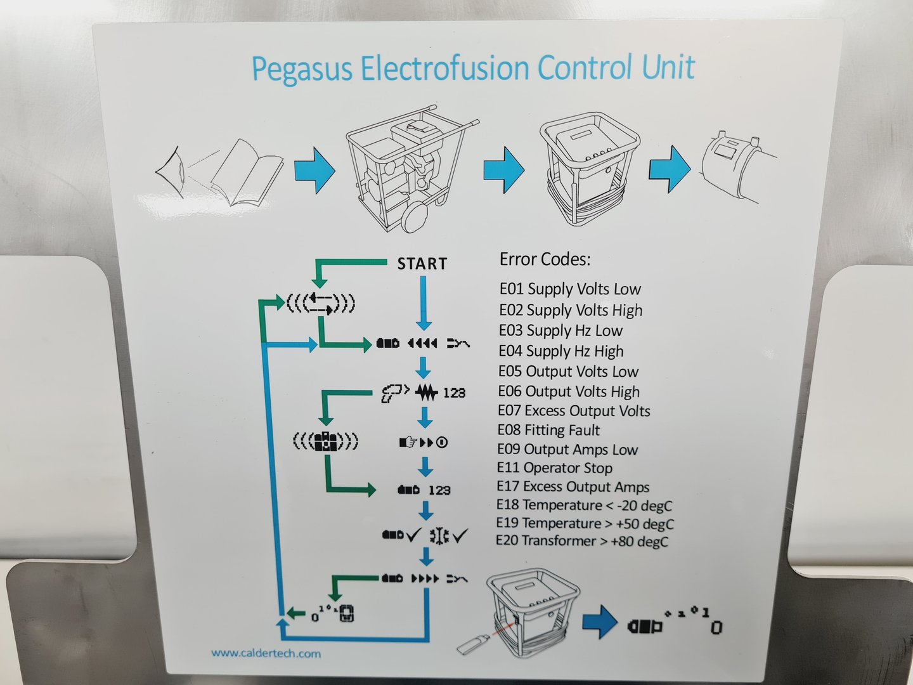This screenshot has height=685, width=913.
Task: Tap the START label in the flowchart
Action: click(x=422, y=263)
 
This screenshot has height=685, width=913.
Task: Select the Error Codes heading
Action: click(x=545, y=259)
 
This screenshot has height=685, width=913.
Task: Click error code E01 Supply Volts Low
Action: click(x=570, y=289)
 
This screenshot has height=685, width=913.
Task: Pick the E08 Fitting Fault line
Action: click(x=549, y=430)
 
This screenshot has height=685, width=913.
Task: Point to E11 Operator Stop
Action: click(x=555, y=468)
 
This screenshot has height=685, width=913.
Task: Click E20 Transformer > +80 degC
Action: click(x=582, y=541)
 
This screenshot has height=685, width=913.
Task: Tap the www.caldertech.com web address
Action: click(x=266, y=653)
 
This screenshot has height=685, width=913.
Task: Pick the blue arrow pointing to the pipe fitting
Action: click(x=669, y=169)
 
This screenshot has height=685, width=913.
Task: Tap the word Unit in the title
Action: click(x=669, y=67)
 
